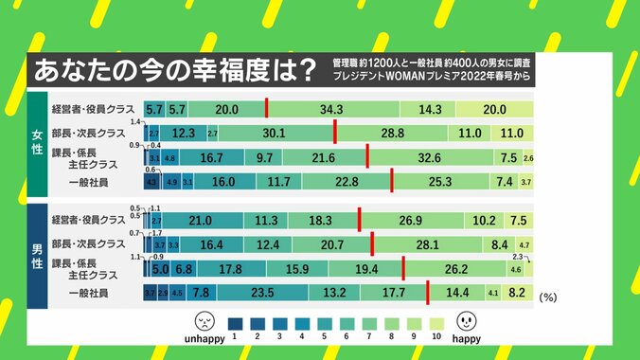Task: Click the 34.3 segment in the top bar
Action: click(x=330, y=110)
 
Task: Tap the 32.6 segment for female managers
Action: click(x=435, y=157)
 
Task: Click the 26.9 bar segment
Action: click(x=410, y=221)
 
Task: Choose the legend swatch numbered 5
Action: click(x=324, y=322)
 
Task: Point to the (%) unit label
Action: click(x=550, y=297)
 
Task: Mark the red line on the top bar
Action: click(x=267, y=109)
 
